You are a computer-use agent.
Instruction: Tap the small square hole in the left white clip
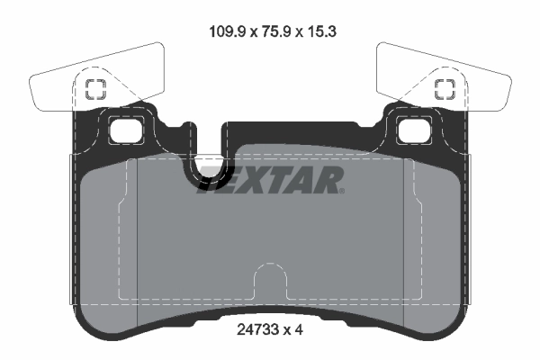point(94,88)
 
